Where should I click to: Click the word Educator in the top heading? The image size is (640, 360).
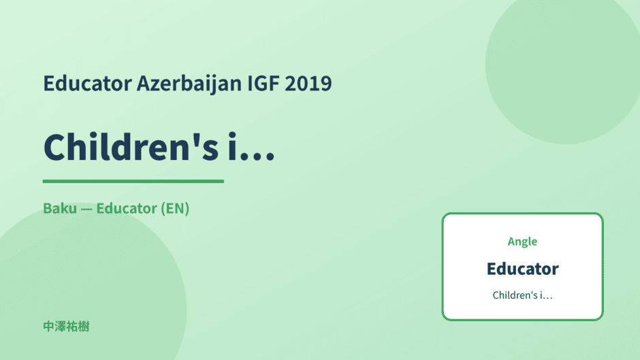coord(87,83)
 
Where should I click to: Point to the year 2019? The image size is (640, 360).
coord(308,83)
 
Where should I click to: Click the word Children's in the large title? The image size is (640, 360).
coord(131,146)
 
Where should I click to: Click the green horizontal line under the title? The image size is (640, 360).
coord(133,181)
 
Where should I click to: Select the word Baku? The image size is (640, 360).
coord(60,208)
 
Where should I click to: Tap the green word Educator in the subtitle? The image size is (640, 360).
coord(127,208)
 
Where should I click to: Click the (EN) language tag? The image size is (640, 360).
coord(175,208)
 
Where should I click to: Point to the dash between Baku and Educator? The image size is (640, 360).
coord(86,210)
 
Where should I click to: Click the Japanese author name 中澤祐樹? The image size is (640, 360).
coord(66,327)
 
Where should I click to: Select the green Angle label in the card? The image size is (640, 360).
coord(522,242)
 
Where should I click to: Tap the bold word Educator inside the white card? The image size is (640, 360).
coord(523,269)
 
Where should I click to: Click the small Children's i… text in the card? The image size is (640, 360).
coord(522,295)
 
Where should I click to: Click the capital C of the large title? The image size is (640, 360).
coord(54,147)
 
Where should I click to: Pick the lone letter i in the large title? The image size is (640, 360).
coord(232,146)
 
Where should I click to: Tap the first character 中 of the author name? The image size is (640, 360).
coord(48,327)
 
